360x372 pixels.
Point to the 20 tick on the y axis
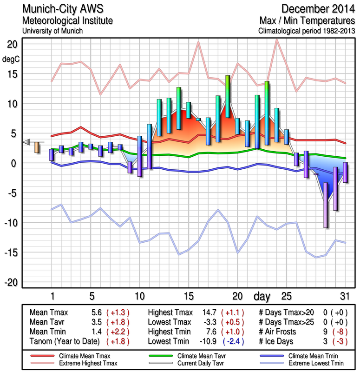tap(12, 44)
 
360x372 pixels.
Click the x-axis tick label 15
tap(188, 296)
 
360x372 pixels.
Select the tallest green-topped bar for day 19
tap(228, 96)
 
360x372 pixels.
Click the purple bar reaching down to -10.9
tap(326, 205)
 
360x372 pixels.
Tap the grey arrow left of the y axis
tap(26, 142)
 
